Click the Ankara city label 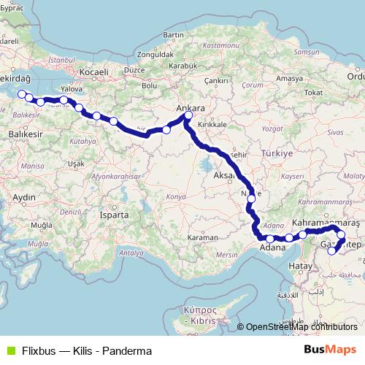click(x=192, y=108)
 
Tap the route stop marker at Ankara click(x=188, y=115)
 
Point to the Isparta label click(x=115, y=215)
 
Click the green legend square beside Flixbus click(x=9, y=350)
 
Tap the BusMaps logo click(x=331, y=350)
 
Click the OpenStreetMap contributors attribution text click(x=301, y=327)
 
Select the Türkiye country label click(x=277, y=153)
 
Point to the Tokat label click(x=313, y=93)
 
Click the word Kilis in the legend click(x=86, y=351)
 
